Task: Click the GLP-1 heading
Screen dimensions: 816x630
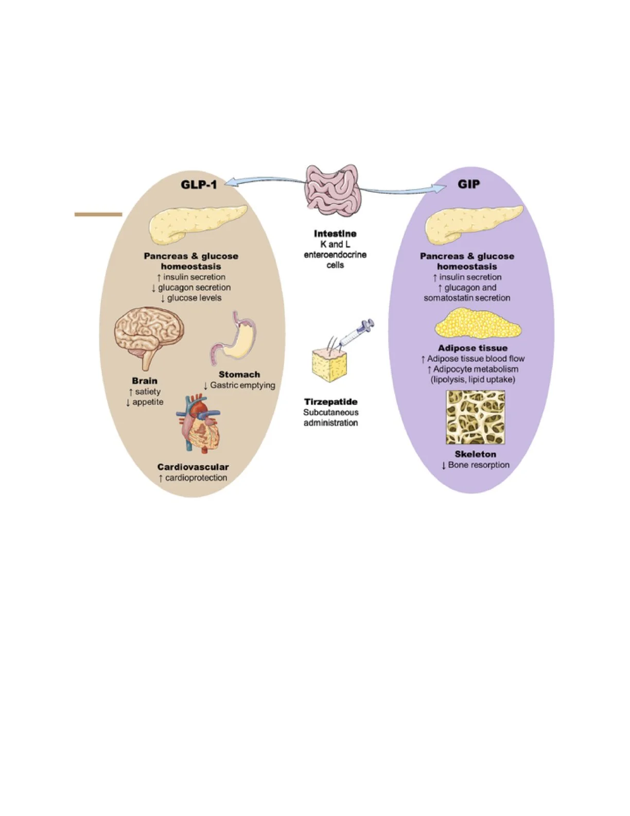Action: (x=199, y=184)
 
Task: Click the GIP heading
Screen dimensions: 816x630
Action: (x=468, y=184)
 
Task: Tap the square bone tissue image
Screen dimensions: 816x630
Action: (x=475, y=417)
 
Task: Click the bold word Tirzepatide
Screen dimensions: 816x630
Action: (x=330, y=402)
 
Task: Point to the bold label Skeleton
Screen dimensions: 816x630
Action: (x=475, y=454)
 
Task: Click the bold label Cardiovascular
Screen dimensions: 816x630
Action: (x=193, y=467)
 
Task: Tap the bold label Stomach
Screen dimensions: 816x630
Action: (x=239, y=375)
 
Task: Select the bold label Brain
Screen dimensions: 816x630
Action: (x=145, y=381)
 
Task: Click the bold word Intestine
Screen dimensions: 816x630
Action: (x=335, y=234)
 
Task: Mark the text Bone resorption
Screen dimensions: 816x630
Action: (x=479, y=465)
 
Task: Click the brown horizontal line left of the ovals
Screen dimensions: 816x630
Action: (x=98, y=214)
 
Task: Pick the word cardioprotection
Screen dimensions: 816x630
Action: (x=196, y=478)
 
